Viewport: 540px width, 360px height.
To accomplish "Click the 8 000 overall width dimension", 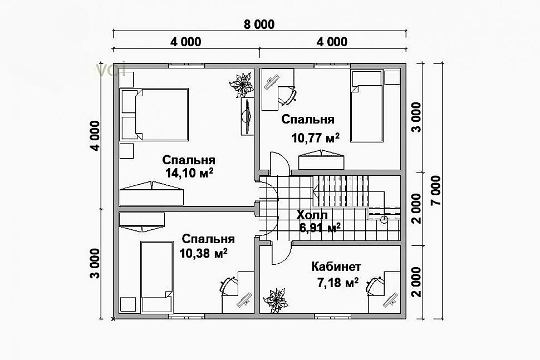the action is [x=259, y=24].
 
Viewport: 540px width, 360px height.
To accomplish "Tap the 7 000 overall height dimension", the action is [x=436, y=190].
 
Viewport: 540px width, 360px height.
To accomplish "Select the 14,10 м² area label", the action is [x=189, y=172].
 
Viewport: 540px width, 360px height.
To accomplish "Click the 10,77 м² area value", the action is [x=316, y=137].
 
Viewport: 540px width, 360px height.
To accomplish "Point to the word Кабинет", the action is [x=336, y=267].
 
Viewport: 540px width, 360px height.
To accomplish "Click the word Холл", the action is [x=312, y=215].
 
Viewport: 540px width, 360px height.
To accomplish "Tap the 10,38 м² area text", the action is [x=203, y=253].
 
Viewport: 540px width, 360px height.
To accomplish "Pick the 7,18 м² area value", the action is [x=337, y=283].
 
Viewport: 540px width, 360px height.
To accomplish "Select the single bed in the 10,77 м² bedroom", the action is [x=367, y=106].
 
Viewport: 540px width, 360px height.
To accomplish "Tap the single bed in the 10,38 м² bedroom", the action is [x=157, y=277].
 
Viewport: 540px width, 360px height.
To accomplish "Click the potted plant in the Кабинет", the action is [x=275, y=300].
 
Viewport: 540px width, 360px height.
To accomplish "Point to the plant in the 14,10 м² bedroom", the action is [x=242, y=85].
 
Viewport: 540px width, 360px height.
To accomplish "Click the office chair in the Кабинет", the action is [x=375, y=286].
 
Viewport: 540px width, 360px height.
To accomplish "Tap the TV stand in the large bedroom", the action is [x=247, y=116].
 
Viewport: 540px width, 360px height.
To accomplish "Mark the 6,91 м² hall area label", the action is [x=320, y=228].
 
